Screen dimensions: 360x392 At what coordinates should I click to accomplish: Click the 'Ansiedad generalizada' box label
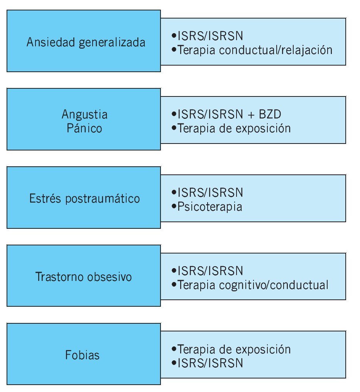[86, 42]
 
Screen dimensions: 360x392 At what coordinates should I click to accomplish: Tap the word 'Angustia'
[85, 114]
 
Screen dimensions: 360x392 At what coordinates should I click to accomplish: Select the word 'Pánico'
[85, 128]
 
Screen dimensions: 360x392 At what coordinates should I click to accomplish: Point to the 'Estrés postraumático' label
[85, 199]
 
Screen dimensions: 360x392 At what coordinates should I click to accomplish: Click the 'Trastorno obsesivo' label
[84, 277]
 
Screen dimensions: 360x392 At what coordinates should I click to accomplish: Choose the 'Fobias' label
[82, 355]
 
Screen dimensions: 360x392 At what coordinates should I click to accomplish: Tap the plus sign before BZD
[249, 115]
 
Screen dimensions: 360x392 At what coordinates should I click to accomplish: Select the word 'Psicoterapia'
[210, 207]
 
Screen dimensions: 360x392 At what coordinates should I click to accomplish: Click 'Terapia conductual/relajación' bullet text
[255, 50]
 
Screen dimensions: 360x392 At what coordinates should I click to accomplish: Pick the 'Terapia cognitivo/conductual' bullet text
[253, 285]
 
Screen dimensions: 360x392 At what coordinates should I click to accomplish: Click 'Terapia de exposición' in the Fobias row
[234, 349]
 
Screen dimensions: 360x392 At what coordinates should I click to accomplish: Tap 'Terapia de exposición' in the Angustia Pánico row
[234, 128]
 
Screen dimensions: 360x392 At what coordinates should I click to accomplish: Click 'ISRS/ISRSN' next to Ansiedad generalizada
[210, 36]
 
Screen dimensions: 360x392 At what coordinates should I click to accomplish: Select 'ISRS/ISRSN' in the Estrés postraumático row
[210, 193]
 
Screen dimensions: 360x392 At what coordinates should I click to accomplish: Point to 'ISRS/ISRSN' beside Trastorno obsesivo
[210, 271]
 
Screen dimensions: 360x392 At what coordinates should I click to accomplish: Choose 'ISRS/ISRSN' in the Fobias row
[210, 363]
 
